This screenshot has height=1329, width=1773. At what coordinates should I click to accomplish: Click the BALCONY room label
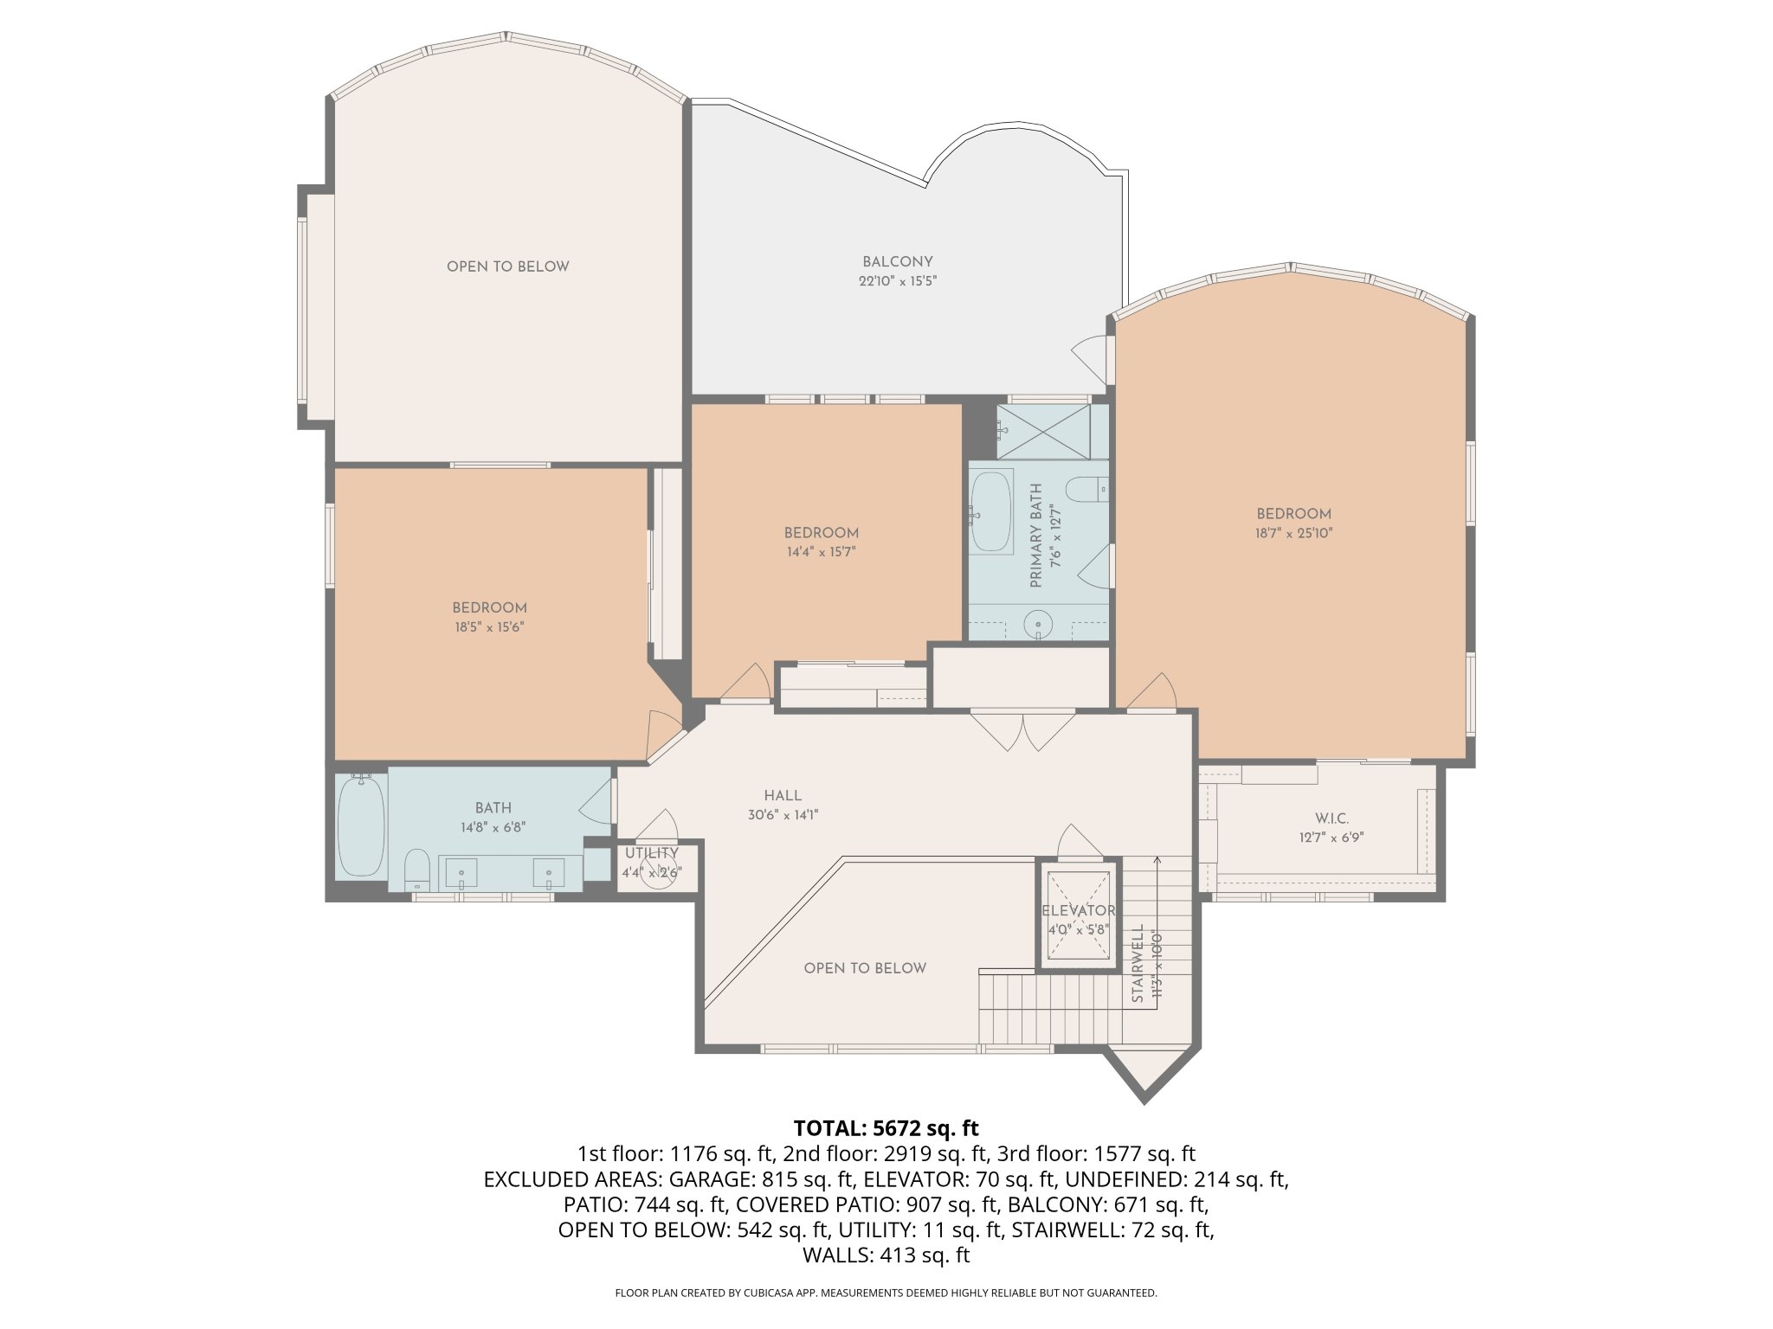[x=897, y=261]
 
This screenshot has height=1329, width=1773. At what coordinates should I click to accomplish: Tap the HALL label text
[x=783, y=795]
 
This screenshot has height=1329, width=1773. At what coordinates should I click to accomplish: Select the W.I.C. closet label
[x=1331, y=819]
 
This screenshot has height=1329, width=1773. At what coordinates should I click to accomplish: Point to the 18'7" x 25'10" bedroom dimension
[x=1294, y=533]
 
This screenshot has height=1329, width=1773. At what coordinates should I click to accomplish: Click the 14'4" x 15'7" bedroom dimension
[x=821, y=552]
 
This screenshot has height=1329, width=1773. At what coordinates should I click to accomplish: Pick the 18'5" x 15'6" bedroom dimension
[x=490, y=627]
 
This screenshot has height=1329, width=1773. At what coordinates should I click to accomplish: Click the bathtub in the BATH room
[x=360, y=826]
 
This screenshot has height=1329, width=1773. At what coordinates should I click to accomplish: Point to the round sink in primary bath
[x=1037, y=623]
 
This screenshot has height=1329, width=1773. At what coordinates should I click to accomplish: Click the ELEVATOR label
[x=1079, y=911]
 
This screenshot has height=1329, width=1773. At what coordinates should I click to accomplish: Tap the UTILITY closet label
[x=652, y=853]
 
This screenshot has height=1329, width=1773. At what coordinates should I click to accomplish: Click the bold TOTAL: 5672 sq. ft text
[x=886, y=1128]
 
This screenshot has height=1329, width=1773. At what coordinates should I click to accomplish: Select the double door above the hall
[x=1022, y=730]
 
